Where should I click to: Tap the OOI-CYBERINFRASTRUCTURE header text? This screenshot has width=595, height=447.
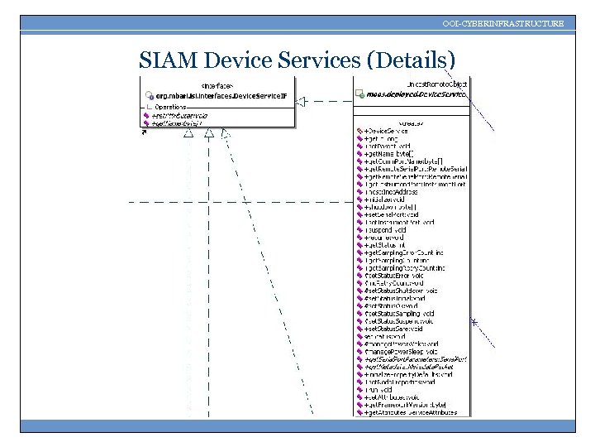[503, 24]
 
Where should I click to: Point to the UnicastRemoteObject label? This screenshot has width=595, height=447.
[437, 84]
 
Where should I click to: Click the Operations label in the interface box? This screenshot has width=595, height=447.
[170, 107]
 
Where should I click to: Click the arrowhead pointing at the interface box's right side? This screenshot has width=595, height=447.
[302, 101]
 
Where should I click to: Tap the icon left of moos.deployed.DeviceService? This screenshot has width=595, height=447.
[360, 95]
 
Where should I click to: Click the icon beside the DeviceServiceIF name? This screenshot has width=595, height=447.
[148, 95]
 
